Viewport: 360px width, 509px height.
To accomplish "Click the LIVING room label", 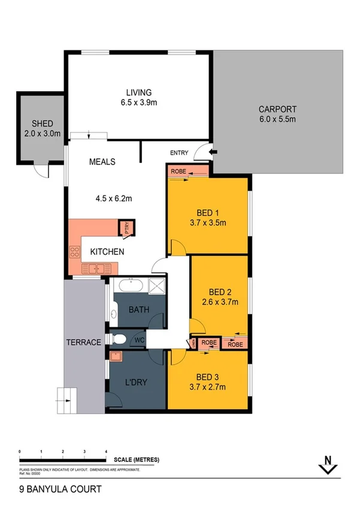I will pyautogui.click(x=138, y=92).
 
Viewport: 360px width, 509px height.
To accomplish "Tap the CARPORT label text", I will pyautogui.click(x=277, y=109).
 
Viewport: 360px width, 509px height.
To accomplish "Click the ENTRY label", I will pyautogui.click(x=179, y=153).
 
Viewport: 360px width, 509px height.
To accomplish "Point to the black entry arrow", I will pyautogui.click(x=213, y=153).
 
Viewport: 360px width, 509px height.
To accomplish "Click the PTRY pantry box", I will pyautogui.click(x=128, y=228).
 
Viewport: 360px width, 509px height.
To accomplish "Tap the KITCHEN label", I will pyautogui.click(x=107, y=252).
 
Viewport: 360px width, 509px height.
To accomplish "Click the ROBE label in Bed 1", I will pyautogui.click(x=179, y=171).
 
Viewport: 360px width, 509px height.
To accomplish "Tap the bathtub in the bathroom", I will pyautogui.click(x=129, y=286).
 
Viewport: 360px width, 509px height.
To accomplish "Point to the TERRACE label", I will pyautogui.click(x=83, y=342).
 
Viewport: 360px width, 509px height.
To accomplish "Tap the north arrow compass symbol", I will pyautogui.click(x=327, y=464).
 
